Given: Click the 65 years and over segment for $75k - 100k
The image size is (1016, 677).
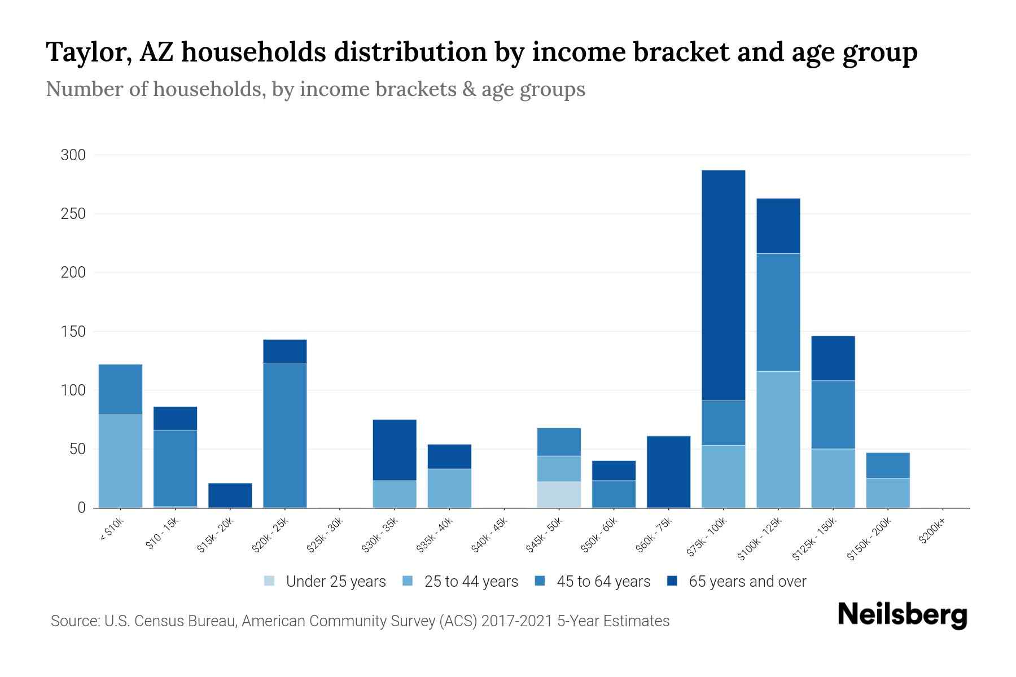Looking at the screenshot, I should [723, 285].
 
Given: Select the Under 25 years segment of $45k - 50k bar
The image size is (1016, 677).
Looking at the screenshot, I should [559, 495].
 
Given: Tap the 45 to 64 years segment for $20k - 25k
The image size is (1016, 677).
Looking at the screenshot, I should [285, 435].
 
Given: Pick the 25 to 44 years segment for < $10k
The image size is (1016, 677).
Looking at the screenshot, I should [120, 461].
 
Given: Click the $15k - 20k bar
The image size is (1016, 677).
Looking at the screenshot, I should [230, 495].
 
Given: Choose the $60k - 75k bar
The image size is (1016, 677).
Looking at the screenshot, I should [668, 472].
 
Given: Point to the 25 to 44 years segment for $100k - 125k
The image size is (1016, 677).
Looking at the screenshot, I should [778, 439].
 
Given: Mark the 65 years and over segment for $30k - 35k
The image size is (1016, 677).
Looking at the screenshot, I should [395, 450].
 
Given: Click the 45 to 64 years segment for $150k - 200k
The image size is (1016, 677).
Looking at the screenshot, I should [888, 465].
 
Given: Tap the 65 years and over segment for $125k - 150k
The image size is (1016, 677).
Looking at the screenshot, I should [833, 358].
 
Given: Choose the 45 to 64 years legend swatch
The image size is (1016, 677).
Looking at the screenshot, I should [540, 581].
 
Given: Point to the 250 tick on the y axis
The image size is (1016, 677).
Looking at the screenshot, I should [73, 214].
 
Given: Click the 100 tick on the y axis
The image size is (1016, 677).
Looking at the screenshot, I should [73, 390].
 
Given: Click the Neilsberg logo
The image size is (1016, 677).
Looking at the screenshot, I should [902, 615].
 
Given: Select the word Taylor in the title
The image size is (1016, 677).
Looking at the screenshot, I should [89, 53].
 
